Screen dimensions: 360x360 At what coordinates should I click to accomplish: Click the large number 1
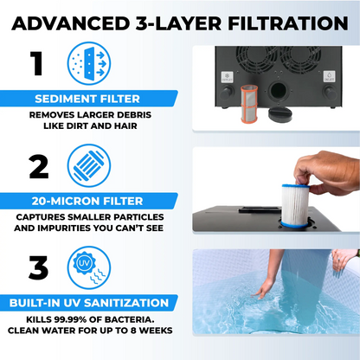[x=37, y=63]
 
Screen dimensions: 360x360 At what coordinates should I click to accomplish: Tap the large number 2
[x=39, y=167]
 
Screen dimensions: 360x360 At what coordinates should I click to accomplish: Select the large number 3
[x=38, y=268]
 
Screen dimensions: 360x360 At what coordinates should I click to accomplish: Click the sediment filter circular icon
[x=89, y=63]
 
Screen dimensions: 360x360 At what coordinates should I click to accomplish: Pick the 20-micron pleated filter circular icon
[x=89, y=165]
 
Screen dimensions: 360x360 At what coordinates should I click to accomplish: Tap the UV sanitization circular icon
[x=89, y=267]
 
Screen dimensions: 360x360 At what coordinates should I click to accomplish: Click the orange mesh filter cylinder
[x=249, y=104]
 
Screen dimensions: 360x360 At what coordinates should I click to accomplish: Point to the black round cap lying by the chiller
[x=280, y=114]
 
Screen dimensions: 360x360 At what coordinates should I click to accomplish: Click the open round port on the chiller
[x=279, y=91]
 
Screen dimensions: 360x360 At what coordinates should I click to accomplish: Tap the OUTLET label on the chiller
[x=227, y=77]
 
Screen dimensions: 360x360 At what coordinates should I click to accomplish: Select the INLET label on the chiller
[x=329, y=76]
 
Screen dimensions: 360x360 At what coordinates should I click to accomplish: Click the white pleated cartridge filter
[x=295, y=206]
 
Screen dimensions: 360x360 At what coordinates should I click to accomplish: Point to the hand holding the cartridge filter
[x=327, y=172]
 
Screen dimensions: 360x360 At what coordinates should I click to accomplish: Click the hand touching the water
[x=263, y=289]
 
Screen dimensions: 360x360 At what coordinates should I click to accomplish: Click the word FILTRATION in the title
[x=288, y=23]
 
